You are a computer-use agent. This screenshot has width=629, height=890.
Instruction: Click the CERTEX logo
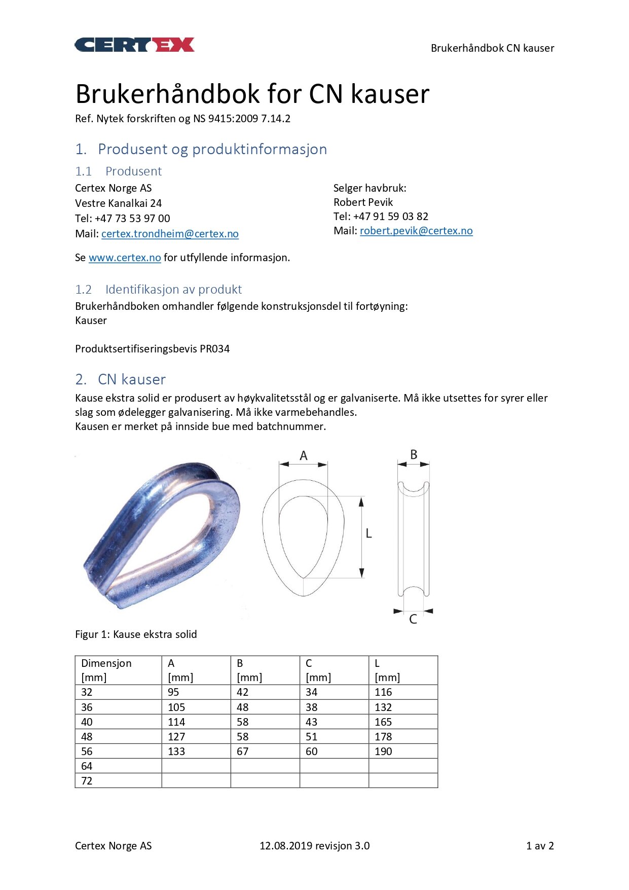134,45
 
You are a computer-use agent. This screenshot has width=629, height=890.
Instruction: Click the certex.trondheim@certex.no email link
170,234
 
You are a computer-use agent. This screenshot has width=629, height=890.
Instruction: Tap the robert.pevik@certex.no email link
416,231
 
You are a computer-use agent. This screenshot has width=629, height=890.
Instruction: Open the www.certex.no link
125,258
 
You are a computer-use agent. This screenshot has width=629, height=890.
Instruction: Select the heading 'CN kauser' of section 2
131,379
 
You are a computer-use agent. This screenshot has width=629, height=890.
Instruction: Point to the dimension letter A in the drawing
304,456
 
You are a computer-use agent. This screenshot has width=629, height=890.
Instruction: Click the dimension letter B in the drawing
414,454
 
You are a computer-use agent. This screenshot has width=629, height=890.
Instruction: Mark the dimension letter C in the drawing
413,619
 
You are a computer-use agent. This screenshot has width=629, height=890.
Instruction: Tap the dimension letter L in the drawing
368,533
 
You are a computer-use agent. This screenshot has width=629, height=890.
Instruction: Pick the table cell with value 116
383,692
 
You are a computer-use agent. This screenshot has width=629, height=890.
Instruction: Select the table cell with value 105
176,707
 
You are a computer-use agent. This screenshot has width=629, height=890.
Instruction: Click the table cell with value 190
383,752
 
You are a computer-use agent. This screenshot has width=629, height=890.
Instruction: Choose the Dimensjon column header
106,663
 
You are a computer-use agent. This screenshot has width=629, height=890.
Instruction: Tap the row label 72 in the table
87,781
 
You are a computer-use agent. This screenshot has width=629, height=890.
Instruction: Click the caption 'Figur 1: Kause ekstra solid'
136,634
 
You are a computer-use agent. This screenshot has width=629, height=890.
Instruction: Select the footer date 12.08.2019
285,846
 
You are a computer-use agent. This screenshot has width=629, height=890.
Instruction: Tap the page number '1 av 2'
540,846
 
